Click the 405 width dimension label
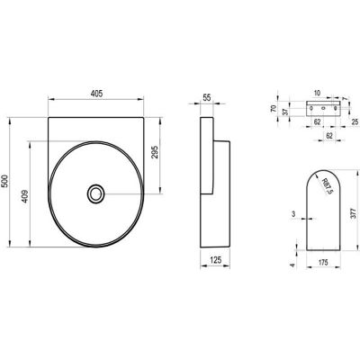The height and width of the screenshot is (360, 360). point(96,94)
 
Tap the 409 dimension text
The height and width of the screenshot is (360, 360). point(25,196)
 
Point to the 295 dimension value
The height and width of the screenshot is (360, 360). point(155,152)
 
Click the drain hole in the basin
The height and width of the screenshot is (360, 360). point(95,193)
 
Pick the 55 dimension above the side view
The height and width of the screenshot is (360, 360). point(207,97)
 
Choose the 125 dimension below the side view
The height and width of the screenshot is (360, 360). point(215,260)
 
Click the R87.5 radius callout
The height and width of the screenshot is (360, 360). point(327,186)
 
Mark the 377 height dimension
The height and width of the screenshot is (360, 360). point(354,212)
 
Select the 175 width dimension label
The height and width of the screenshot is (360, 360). point(323,263)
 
